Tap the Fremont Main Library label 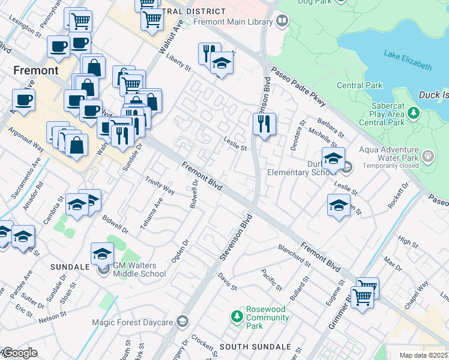click(x=234, y=22)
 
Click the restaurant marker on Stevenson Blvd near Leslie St click(x=264, y=124)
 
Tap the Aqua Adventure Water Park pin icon click(x=428, y=157)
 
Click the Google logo click(x=20, y=352)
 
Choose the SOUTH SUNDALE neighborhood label click(x=255, y=347)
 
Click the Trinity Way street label click(x=160, y=185)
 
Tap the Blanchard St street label click(x=294, y=256)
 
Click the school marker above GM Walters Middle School click(x=102, y=255)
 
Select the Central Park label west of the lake click(x=360, y=85)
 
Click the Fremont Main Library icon click(x=282, y=22)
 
